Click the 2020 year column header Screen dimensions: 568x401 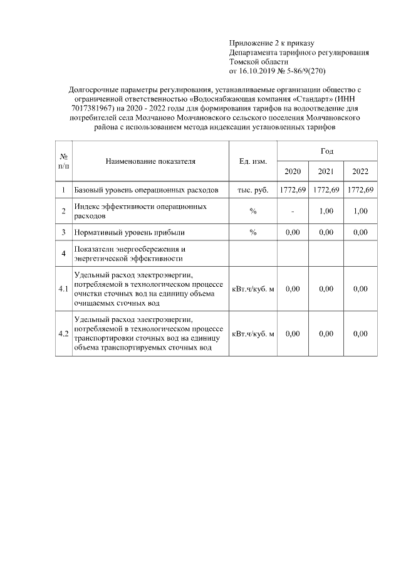coord(293,172)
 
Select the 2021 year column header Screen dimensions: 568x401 coord(326,172)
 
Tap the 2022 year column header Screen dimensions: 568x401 coord(360,172)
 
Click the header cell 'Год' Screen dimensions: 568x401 coord(326,151)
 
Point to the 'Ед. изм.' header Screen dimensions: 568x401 coord(253,161)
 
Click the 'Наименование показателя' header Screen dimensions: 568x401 coord(150,161)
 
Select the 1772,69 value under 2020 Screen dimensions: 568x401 coord(293,190)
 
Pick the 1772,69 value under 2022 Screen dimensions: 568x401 coord(360,190)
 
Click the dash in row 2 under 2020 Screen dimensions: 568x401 coord(293,211)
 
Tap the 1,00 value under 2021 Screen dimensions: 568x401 coord(326,211)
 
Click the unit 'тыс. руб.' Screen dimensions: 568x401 coord(253,190)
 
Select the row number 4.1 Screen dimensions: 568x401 coord(63,289)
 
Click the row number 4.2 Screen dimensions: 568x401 coord(63,334)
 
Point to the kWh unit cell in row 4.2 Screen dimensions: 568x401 coord(253,334)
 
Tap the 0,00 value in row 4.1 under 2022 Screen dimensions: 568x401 coord(360,289)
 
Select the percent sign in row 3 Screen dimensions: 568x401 coord(253,232)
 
